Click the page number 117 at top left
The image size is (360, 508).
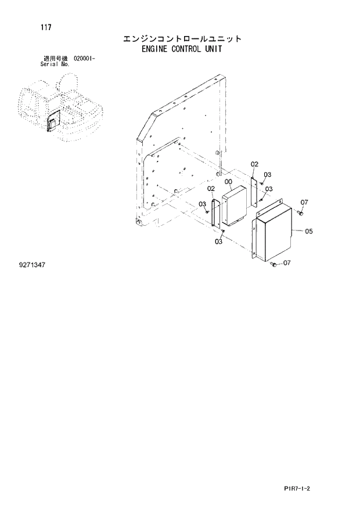[45, 27]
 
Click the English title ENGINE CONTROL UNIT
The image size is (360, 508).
[181, 49]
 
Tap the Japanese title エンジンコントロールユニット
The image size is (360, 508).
[181, 39]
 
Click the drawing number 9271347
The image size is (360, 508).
[32, 265]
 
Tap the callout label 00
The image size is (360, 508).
[228, 182]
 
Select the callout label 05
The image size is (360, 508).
[308, 232]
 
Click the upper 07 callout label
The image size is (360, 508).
[304, 202]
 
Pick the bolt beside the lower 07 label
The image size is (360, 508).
[273, 265]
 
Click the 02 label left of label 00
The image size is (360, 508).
[211, 189]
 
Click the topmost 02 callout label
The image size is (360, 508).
[254, 165]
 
